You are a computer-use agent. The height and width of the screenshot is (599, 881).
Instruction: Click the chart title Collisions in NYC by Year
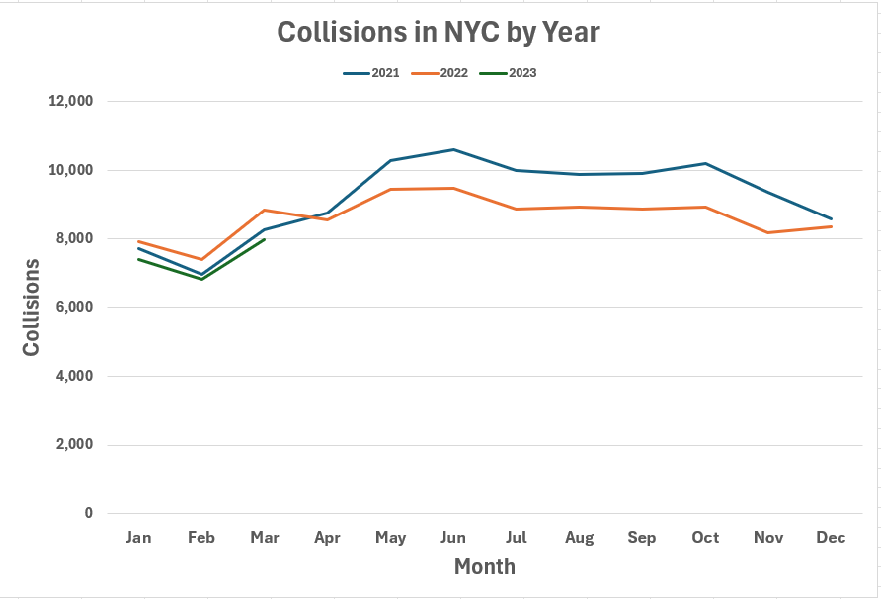click(438, 32)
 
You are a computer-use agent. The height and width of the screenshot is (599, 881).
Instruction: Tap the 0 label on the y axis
click(89, 513)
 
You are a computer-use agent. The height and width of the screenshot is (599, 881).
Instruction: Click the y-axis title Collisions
click(32, 307)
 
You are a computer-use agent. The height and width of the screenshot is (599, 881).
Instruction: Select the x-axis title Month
click(484, 567)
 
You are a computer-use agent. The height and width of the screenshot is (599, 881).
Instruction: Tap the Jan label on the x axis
click(139, 538)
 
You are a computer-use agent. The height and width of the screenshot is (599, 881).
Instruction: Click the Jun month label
click(453, 538)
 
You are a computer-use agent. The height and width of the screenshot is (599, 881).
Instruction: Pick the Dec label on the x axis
click(831, 538)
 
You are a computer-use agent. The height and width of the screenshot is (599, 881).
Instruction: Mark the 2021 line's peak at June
click(453, 150)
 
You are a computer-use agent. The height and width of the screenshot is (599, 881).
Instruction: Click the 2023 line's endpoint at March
click(265, 239)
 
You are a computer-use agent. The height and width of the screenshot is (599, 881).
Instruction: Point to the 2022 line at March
click(265, 210)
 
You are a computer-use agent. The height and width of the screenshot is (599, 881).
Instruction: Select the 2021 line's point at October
click(705, 163)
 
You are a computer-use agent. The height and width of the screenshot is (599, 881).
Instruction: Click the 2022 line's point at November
click(767, 232)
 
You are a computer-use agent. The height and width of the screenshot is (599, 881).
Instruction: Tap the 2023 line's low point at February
click(201, 279)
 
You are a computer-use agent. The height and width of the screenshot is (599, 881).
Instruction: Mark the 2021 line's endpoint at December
click(831, 218)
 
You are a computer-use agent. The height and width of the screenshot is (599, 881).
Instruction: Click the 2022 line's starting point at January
click(139, 241)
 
